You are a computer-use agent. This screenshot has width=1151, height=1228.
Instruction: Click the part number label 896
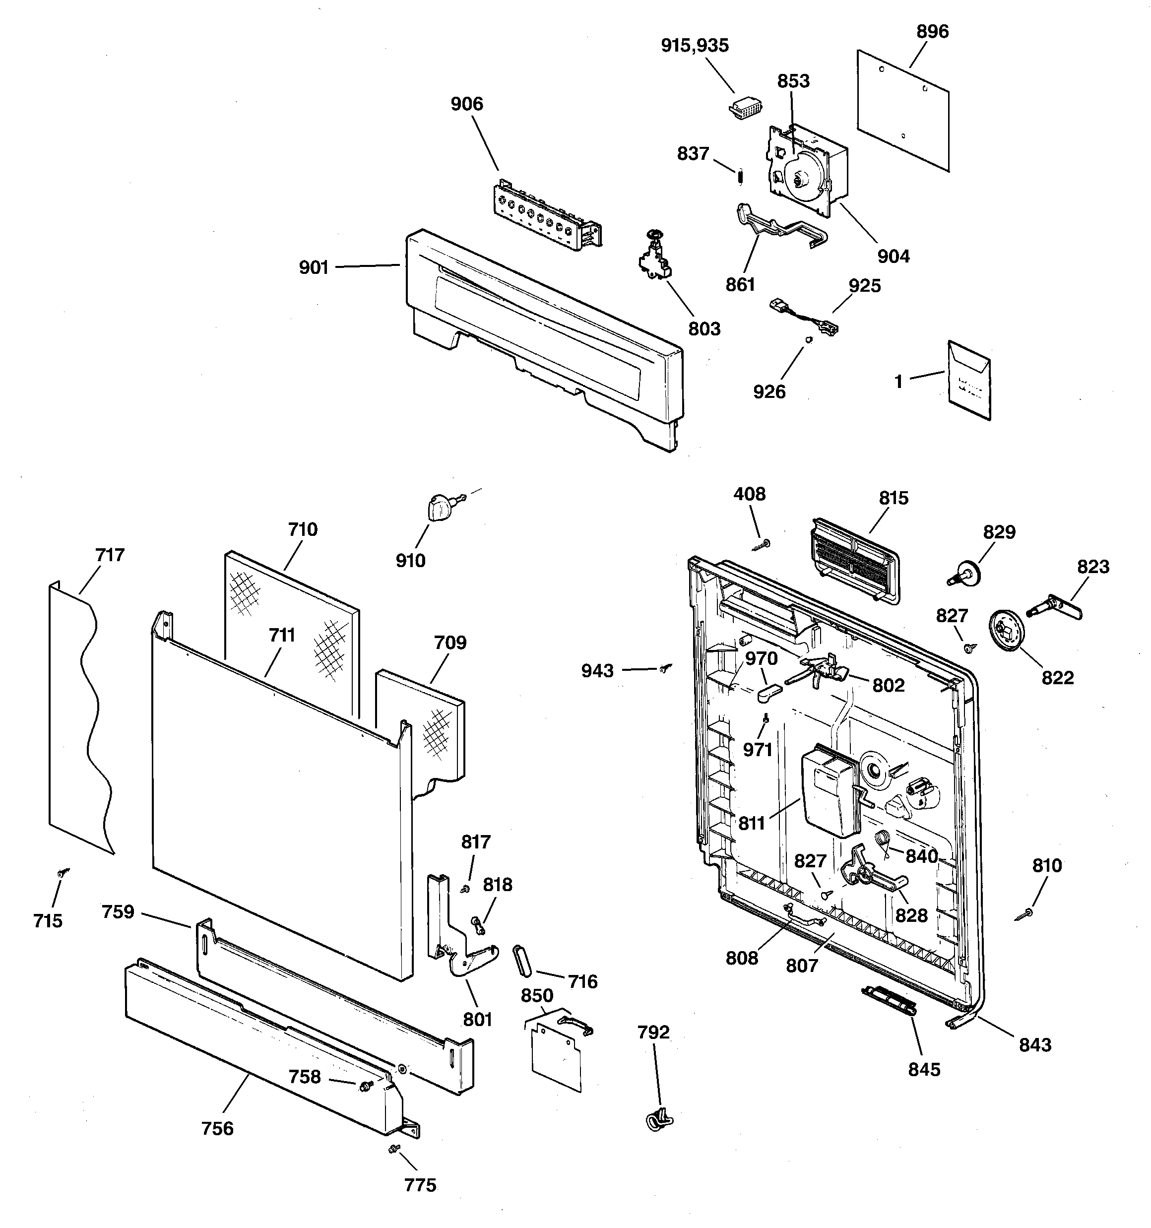click(x=932, y=31)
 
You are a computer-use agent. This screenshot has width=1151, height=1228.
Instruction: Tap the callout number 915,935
click(x=695, y=46)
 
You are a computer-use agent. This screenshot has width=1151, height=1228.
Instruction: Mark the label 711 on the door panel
click(x=282, y=635)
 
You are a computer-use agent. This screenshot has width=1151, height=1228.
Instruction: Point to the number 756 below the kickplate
click(x=217, y=1129)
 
